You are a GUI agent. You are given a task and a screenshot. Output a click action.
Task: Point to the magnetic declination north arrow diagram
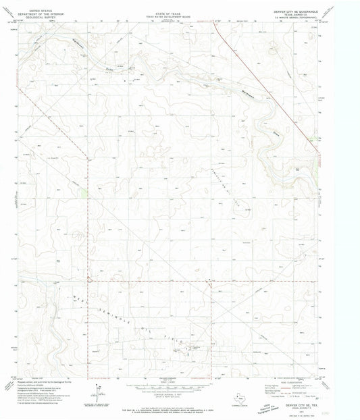[x=99, y=389]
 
